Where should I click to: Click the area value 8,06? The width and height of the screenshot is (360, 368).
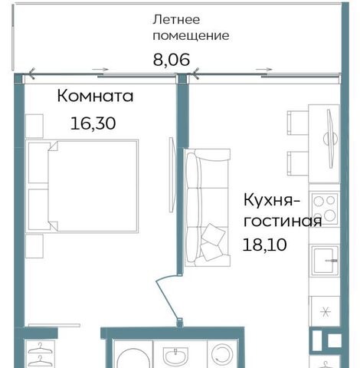click(172, 60)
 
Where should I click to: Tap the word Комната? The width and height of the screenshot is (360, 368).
click(95, 97)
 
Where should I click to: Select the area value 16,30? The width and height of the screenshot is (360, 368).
click(93, 123)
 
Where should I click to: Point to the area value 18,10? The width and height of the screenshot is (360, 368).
click(264, 245)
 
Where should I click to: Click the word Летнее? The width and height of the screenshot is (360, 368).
click(176, 20)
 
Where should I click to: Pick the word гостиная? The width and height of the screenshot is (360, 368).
click(283, 222)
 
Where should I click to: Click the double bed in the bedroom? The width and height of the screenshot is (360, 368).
click(82, 186)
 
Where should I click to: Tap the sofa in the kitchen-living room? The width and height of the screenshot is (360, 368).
click(208, 208)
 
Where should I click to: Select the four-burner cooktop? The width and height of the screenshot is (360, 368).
click(324, 209)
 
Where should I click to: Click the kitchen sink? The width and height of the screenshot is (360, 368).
click(324, 260)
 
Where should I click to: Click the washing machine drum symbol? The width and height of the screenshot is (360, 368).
click(222, 356)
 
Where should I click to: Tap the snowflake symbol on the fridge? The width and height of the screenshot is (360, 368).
click(326, 312)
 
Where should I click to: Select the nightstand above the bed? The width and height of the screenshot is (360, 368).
click(34, 126)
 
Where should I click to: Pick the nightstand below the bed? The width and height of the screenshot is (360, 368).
click(34, 246)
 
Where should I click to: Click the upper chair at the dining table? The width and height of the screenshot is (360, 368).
click(298, 123)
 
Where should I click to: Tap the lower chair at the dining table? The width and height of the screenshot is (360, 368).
click(298, 163)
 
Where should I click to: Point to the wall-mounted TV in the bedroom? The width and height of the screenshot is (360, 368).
click(172, 175)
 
